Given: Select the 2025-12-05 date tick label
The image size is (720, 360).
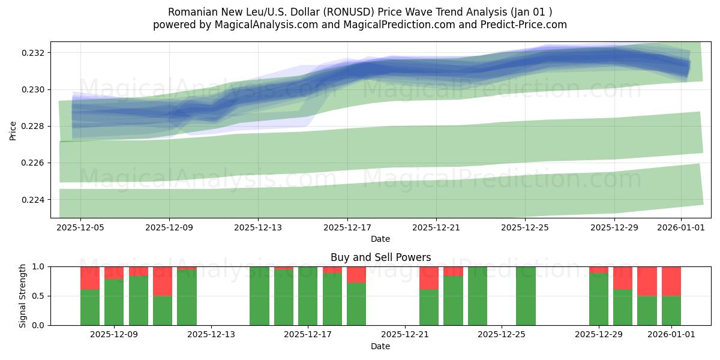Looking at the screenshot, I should [x=80, y=228].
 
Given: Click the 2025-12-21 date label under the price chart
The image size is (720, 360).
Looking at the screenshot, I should [x=436, y=228].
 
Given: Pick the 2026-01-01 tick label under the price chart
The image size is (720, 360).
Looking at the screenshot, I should [x=680, y=228].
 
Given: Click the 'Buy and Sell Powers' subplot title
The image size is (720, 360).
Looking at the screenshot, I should [x=380, y=257].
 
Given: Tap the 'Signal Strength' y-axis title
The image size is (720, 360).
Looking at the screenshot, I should [x=22, y=296].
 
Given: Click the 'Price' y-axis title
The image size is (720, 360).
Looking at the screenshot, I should [x=13, y=130].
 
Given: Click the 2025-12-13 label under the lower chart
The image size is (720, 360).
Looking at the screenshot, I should [x=211, y=335].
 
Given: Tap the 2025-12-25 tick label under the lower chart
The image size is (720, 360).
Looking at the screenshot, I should [x=502, y=335].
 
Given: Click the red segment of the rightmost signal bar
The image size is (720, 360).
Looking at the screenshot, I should [x=671, y=281].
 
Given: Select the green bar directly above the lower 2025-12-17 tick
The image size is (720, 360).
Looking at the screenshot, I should [x=308, y=296].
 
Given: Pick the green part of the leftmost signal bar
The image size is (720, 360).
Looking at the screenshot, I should [x=90, y=307].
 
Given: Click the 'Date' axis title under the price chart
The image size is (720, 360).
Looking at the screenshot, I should [x=380, y=239].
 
